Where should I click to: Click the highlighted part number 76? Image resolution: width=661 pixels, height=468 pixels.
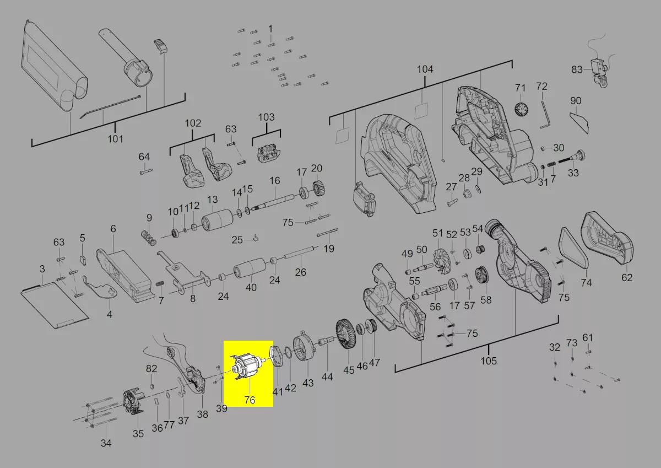[x=250, y=400]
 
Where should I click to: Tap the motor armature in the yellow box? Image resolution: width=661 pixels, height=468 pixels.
[x=248, y=367]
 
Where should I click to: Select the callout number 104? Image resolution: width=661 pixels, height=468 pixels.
[x=425, y=69]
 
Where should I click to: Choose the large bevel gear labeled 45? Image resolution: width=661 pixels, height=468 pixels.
[x=346, y=335]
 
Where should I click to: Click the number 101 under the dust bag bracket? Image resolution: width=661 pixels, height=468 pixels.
[x=115, y=139]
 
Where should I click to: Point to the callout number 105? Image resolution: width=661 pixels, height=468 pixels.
[x=489, y=361]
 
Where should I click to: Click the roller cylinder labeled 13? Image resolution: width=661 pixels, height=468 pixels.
[x=217, y=220]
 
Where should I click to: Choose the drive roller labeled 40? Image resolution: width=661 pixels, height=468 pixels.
[x=250, y=268]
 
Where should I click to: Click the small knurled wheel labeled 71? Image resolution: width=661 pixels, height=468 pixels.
[x=521, y=109]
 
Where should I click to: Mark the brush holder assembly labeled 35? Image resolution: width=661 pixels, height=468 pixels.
[x=134, y=402]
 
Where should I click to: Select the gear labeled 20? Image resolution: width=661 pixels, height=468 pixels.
[x=318, y=188]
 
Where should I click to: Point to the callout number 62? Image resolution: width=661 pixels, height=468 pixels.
[x=627, y=278]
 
